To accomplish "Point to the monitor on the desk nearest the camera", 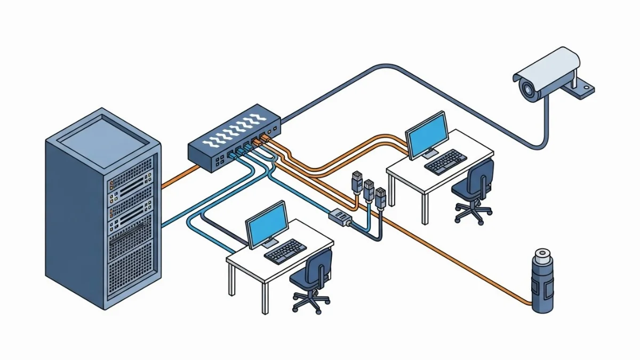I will [x=427, y=133].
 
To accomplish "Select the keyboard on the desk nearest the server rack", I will [x=286, y=251].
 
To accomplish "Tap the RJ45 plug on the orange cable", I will [x=356, y=182].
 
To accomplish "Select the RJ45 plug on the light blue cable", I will [x=369, y=189].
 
